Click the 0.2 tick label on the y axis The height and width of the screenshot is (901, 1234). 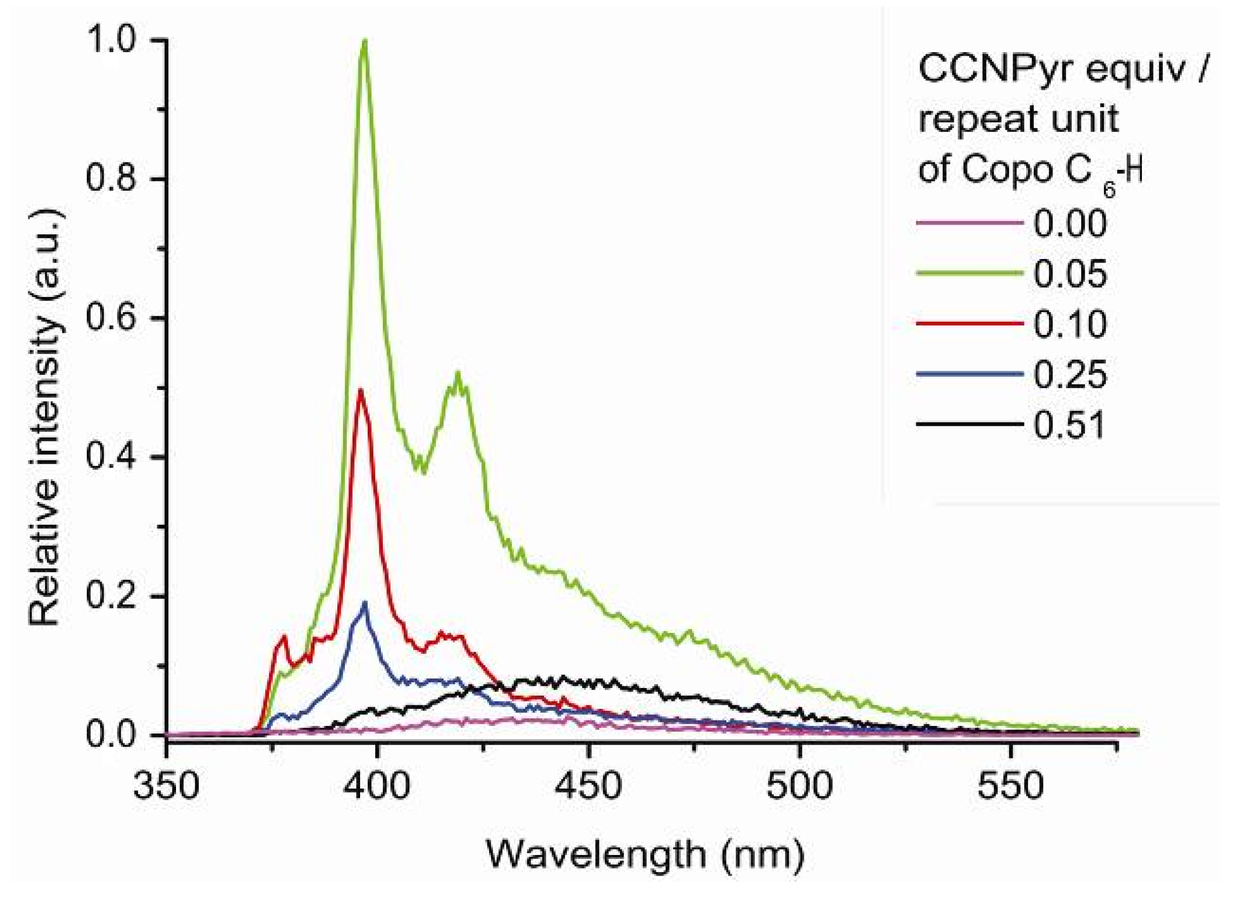click(112, 596)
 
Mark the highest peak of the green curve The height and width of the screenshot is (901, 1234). click(365, 41)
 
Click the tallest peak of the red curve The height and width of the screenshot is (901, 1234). click(361, 390)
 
